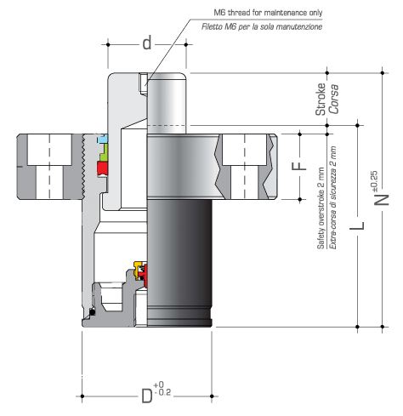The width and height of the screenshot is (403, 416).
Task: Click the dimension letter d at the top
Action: (146, 43)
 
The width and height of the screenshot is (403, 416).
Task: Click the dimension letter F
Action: (297, 164)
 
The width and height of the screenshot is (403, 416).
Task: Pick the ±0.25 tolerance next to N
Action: (375, 180)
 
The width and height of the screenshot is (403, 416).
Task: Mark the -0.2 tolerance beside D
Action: (163, 393)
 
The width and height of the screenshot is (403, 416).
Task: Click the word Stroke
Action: (321, 100)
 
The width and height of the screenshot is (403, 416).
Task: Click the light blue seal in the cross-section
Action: (103, 138)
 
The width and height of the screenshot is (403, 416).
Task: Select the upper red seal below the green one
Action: (102, 168)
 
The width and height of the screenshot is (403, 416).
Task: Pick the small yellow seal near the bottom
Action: (133, 265)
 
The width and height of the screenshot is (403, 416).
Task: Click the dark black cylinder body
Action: (179, 255)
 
